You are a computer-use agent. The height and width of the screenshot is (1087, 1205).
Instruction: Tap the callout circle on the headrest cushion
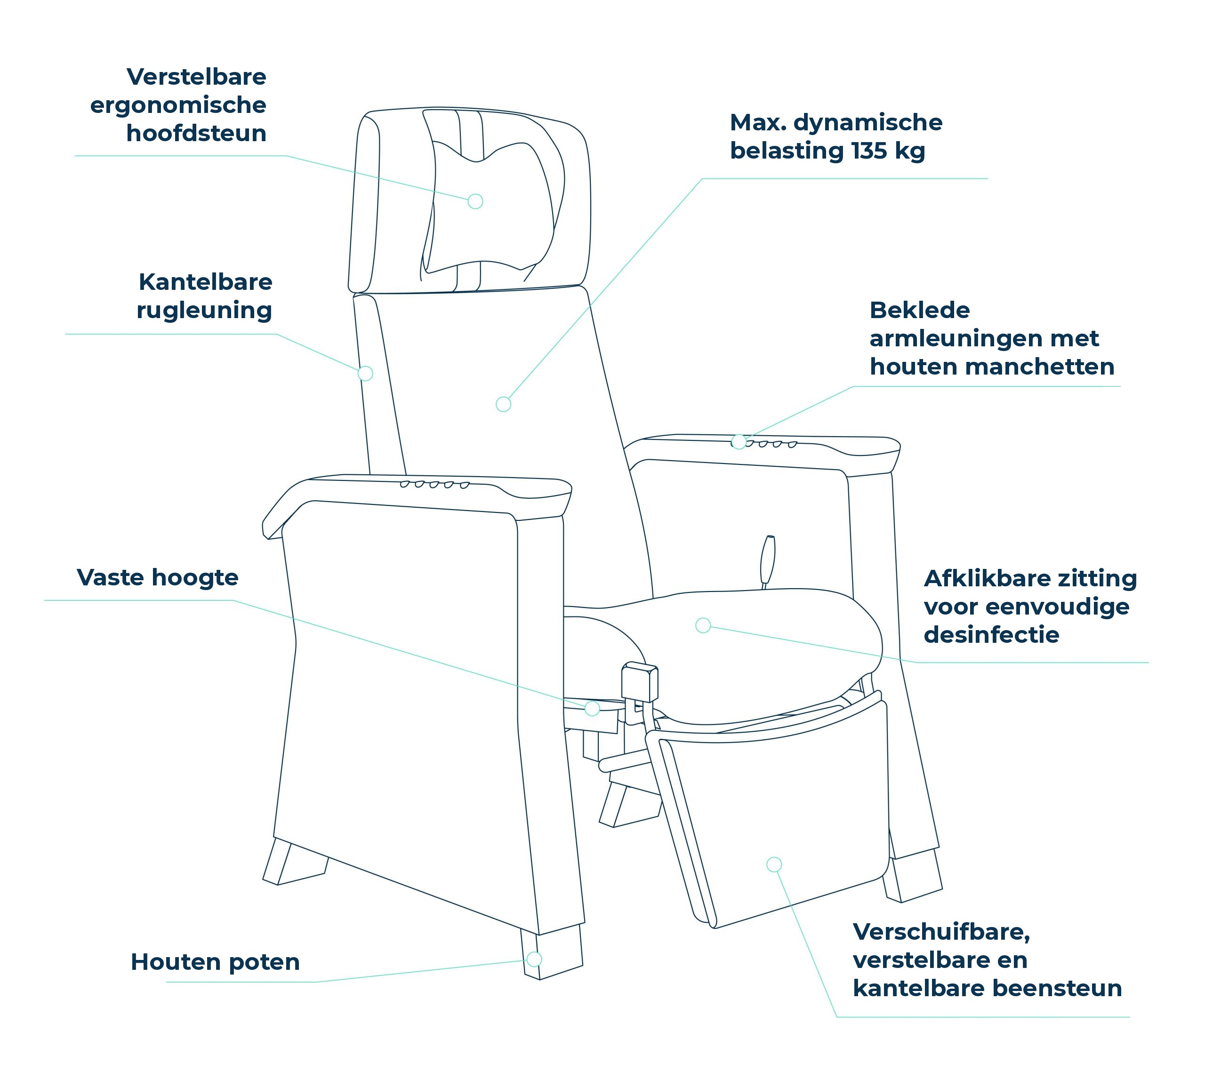click(x=475, y=201)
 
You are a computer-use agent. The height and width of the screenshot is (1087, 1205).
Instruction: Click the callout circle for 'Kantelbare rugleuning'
click(x=365, y=373)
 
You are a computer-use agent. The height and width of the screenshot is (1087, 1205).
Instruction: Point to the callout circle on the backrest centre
click(x=503, y=404)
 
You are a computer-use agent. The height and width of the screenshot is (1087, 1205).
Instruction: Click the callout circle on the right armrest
click(x=739, y=442)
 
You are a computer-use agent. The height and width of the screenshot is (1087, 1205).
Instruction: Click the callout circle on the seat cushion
click(x=703, y=625)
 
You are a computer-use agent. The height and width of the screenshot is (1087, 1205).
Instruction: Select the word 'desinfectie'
click(x=991, y=635)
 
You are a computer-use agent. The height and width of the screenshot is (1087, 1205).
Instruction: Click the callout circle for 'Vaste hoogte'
click(x=592, y=708)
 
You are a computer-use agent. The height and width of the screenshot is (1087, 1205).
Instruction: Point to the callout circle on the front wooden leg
click(x=534, y=959)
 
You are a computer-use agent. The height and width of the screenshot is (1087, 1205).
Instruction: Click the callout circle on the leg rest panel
click(x=774, y=864)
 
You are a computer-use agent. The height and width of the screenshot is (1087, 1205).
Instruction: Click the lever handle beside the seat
click(x=768, y=561)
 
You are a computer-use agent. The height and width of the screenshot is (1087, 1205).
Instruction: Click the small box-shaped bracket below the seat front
click(x=640, y=682)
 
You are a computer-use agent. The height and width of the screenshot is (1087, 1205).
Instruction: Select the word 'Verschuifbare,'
click(x=941, y=932)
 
